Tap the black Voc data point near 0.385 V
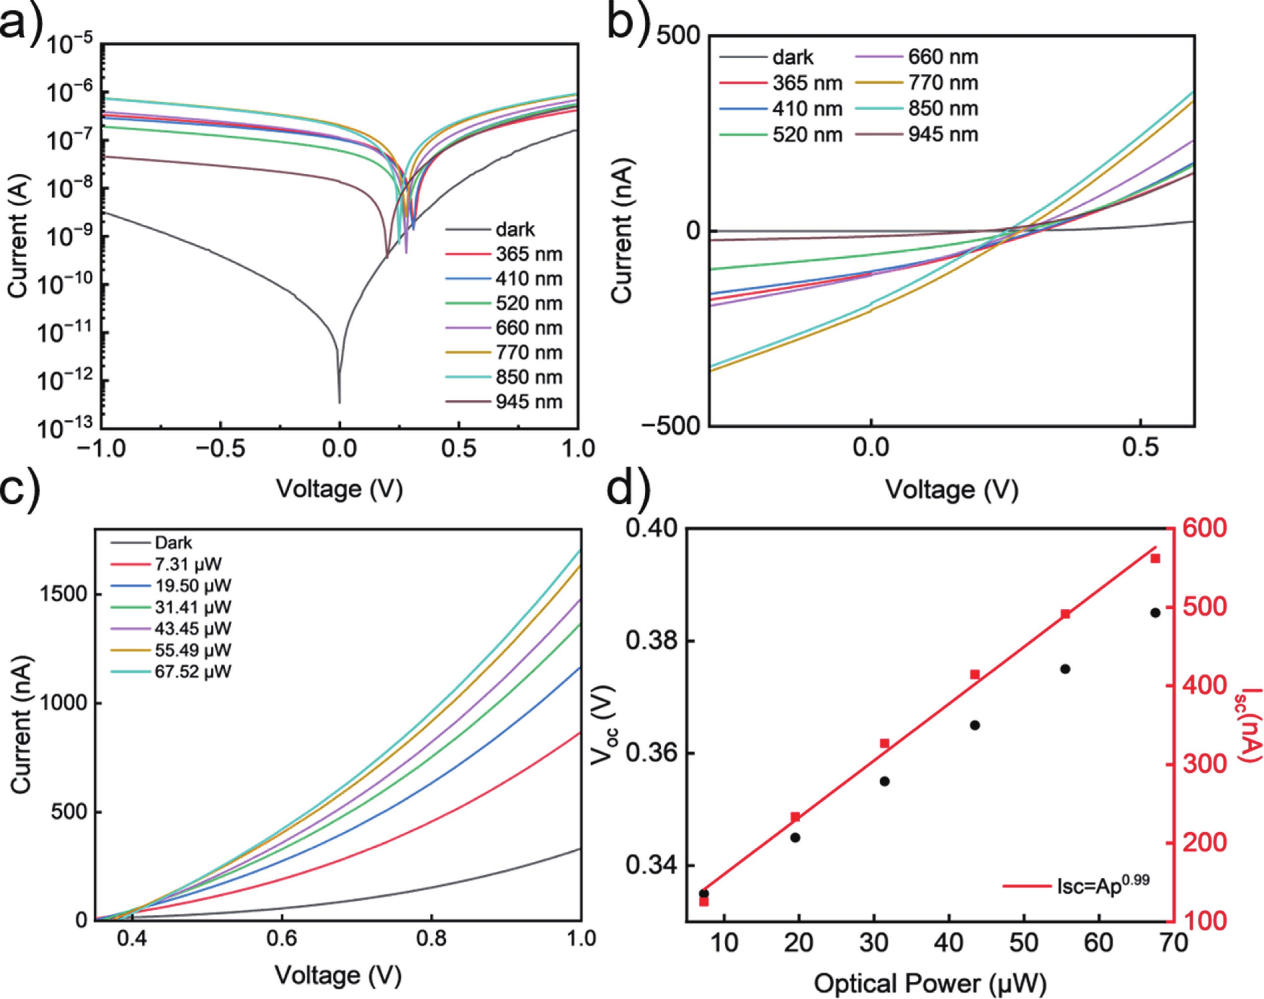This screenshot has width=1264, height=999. click(1155, 612)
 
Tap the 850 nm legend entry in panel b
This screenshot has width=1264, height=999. click(943, 109)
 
